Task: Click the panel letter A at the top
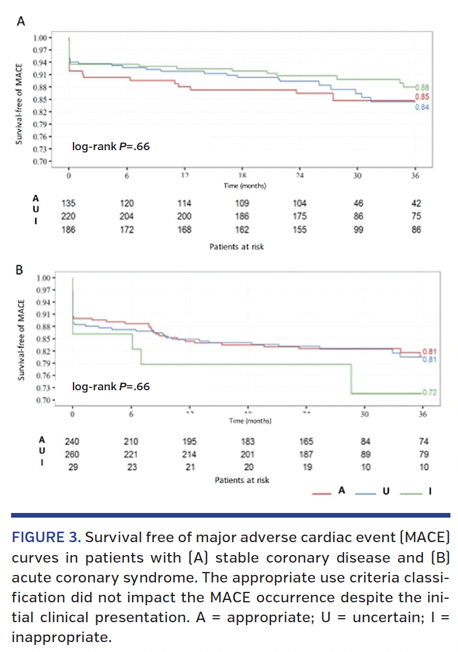click(22, 22)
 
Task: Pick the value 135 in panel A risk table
click(69, 203)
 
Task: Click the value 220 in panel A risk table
click(69, 217)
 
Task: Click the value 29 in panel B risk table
click(72, 467)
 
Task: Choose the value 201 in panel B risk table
click(248, 455)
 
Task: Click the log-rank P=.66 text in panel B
click(110, 386)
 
